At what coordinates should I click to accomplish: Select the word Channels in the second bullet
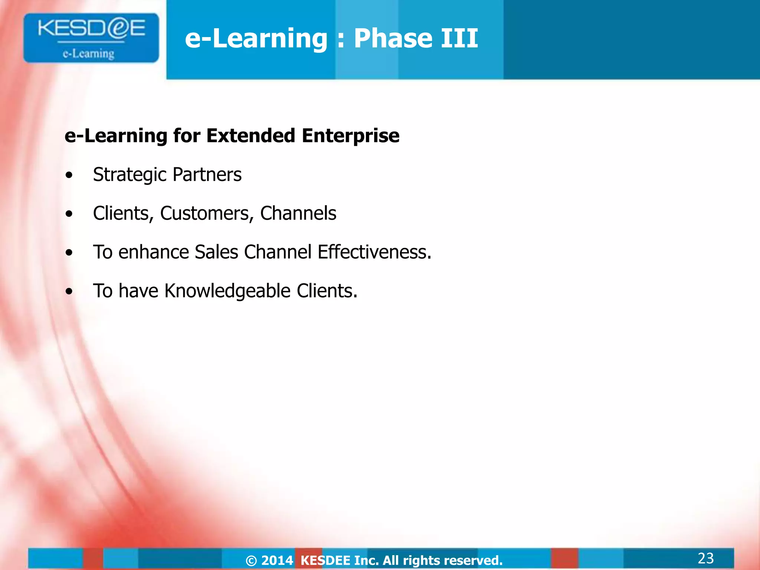pyautogui.click(x=298, y=213)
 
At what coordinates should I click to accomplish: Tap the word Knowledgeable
pyautogui.click(x=227, y=291)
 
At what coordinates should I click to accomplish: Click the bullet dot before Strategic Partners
pyautogui.click(x=69, y=175)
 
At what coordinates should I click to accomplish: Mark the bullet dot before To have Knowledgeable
pyautogui.click(x=69, y=291)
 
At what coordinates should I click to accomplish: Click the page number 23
pyautogui.click(x=705, y=558)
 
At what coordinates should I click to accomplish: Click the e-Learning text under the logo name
pyautogui.click(x=89, y=54)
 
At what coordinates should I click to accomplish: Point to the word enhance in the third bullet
pyautogui.click(x=154, y=252)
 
